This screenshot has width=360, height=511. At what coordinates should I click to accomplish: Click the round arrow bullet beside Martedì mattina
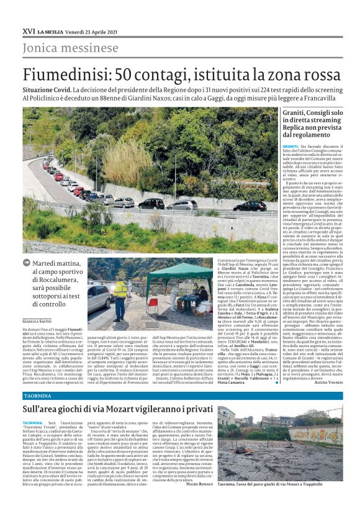[x=27, y=264]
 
